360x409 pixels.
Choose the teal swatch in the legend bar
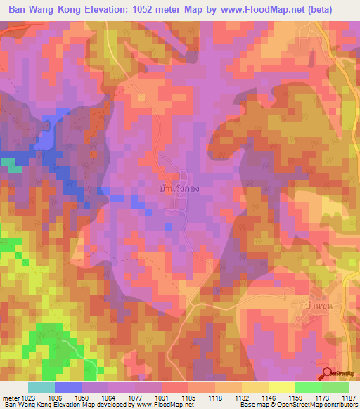click(x=41, y=387)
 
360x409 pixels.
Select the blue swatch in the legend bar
click(x=68, y=387)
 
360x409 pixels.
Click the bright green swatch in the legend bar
click(x=308, y=387)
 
